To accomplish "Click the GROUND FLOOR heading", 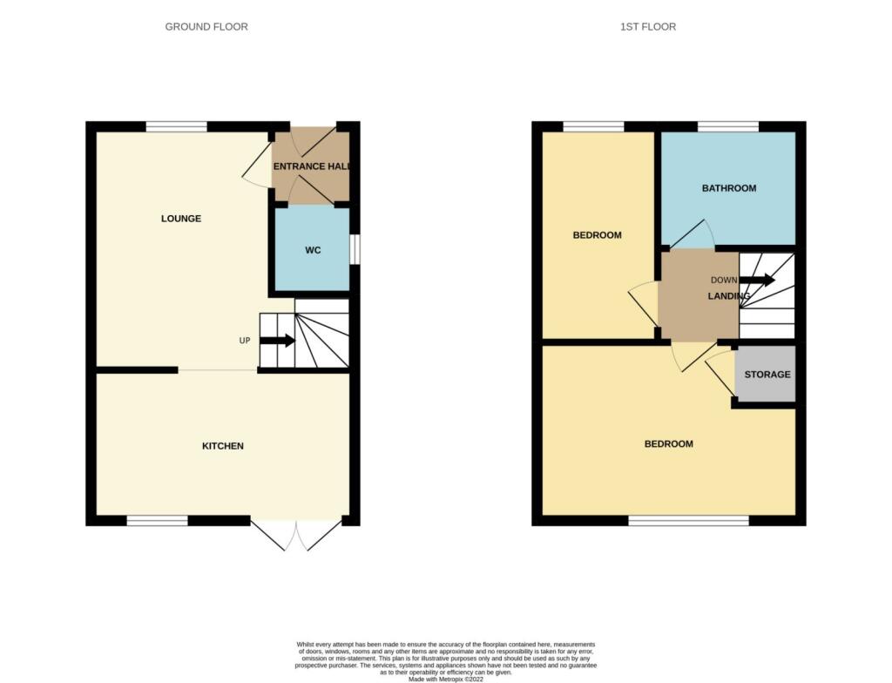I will (x=206, y=27).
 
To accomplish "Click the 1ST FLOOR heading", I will (x=648, y=27).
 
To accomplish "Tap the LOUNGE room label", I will (x=181, y=219).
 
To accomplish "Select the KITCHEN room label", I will (x=223, y=446).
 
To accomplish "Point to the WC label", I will (x=313, y=251).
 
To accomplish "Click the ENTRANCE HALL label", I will (x=312, y=166).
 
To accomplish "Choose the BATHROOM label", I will (x=729, y=188).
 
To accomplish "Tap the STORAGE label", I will (x=767, y=375).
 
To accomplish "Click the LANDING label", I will (x=729, y=296).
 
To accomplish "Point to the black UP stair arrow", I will (x=277, y=340).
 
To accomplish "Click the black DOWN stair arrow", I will (x=757, y=280).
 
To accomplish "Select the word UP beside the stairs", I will (x=245, y=341).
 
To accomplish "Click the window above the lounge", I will (x=177, y=127).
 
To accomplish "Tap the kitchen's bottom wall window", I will (x=158, y=521).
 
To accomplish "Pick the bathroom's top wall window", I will (x=728, y=127).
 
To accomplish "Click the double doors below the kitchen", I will (x=296, y=535).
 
